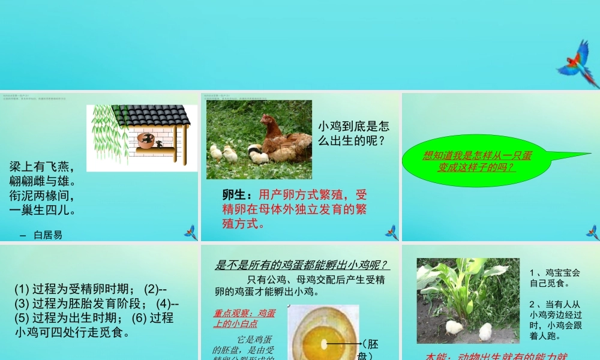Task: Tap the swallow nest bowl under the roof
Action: pos(146,140)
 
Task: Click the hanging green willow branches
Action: pos(104,135)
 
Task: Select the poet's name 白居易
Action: pos(48,235)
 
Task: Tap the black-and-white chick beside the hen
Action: pos(258,155)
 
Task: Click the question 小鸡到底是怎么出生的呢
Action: pos(354,134)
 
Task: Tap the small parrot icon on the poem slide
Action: pos(191,232)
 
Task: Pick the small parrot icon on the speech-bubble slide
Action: pos(592,232)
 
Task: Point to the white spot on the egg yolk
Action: pos(323,344)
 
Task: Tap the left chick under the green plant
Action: pos(454,327)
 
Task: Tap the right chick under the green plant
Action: pos(485,331)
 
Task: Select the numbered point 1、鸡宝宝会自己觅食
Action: pos(555,277)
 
